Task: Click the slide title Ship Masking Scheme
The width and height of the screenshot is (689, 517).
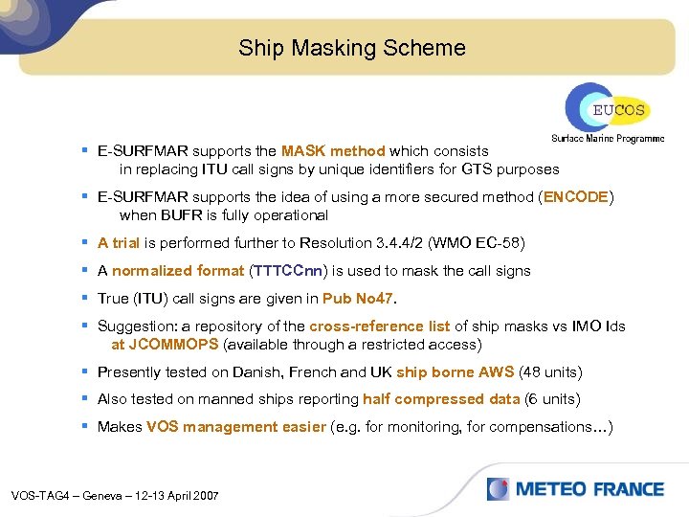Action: coord(352,48)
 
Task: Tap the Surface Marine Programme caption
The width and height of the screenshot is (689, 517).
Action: coord(608,139)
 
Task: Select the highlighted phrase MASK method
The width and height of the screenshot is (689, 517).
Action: coord(333,151)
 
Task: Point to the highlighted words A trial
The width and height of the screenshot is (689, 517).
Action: coord(119,243)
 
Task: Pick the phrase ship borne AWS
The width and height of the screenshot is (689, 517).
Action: coord(455,372)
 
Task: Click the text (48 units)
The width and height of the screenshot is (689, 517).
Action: coord(550,372)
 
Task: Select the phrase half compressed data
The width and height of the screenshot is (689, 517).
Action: coord(441,399)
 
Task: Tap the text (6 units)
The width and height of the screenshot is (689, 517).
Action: coord(554,399)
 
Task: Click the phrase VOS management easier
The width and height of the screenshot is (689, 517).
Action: coord(236,427)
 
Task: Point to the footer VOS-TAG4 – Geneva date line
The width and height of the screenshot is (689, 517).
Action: coord(115,496)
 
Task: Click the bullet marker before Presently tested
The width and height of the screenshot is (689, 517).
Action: coord(85,371)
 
